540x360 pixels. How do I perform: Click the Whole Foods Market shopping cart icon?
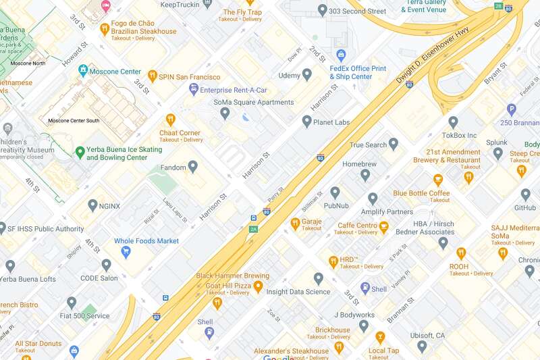coord(125,251)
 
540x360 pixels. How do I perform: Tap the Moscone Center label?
coord(116,71)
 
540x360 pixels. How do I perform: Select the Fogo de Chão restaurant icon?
coord(105,28)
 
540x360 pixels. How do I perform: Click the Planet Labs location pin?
coord(307,122)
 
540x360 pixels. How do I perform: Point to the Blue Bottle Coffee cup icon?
coord(438,180)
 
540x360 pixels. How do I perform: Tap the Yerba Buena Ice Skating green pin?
coord(80,153)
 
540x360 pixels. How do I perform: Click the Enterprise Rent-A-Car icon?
coord(194,89)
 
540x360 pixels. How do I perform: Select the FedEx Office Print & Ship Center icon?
coord(341,55)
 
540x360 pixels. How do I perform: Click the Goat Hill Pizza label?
coord(223,286)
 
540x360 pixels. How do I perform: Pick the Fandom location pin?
coord(193,166)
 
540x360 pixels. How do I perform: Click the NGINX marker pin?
coord(92,205)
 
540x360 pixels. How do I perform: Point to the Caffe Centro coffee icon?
coord(384,228)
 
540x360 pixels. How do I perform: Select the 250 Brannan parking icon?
coord(512,109)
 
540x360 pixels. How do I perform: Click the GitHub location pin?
coord(526,195)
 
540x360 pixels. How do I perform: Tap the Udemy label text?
coord(289,75)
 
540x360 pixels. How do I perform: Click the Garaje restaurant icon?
coord(295,224)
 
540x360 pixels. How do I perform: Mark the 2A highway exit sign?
coord(254,229)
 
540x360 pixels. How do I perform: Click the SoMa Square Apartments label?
coord(254,103)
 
